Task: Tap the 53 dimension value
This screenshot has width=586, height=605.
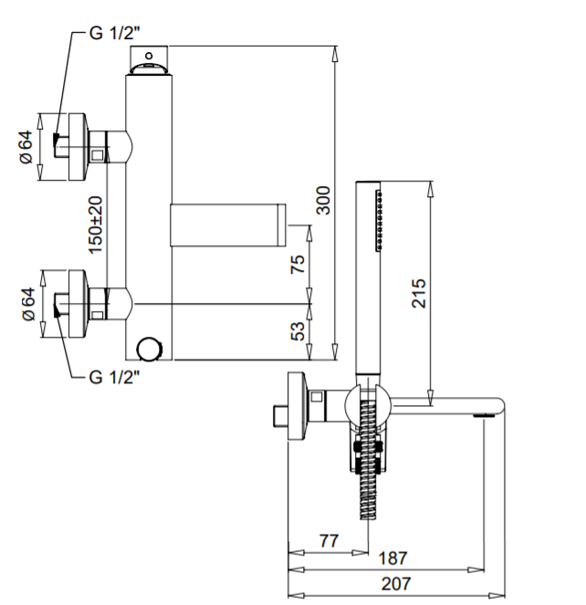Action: (298, 331)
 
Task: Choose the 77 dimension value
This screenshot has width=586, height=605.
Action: (330, 540)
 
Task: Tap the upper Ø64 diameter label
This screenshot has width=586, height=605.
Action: (26, 147)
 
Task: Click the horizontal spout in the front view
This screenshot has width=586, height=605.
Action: (227, 225)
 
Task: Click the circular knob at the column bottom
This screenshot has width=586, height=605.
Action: (148, 348)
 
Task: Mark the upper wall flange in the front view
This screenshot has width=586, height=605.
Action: (72, 147)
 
